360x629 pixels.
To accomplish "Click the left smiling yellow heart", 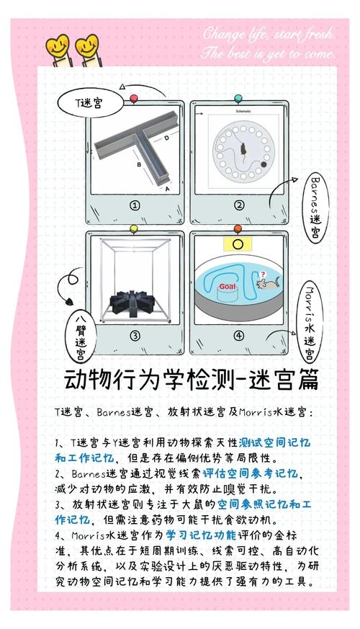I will [x=54, y=48].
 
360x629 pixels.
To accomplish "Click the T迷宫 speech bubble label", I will [x=89, y=103].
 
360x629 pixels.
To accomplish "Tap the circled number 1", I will [x=134, y=204].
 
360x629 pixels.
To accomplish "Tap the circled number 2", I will [x=239, y=204].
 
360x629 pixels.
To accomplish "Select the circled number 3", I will [x=134, y=334].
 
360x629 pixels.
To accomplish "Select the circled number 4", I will [x=239, y=334].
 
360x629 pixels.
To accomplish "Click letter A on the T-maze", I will [x=167, y=189].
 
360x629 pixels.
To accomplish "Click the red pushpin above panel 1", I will [x=133, y=98].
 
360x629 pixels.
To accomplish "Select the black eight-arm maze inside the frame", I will [x=132, y=303].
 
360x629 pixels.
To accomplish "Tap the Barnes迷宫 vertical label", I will [x=315, y=205].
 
